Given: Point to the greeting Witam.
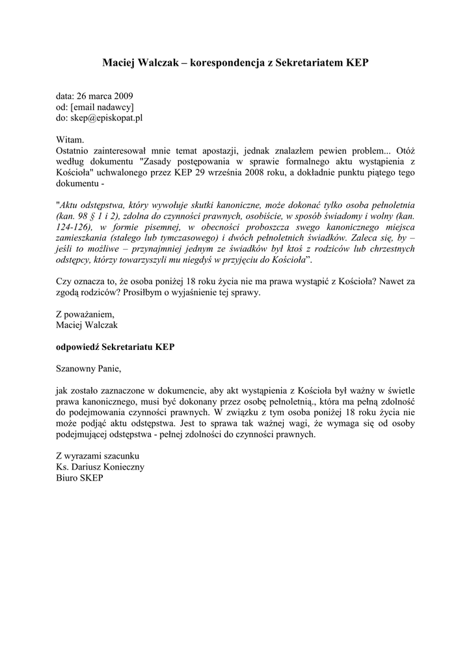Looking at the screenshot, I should click(70, 140).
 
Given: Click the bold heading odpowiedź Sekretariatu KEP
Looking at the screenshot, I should click(115, 347).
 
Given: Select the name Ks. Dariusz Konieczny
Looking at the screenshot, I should click(100, 467).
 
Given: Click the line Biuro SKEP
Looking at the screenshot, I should click(79, 478).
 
